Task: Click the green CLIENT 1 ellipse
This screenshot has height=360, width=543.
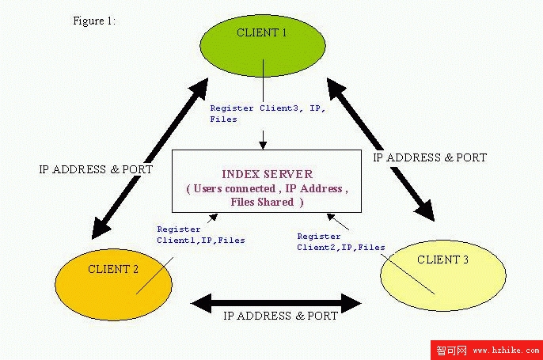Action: (x=263, y=46)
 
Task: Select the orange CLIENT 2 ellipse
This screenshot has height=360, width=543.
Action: (x=114, y=285)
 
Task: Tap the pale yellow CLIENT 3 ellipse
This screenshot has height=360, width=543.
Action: (x=443, y=275)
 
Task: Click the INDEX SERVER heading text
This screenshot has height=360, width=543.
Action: (x=267, y=174)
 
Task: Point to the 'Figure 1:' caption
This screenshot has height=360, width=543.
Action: (x=94, y=21)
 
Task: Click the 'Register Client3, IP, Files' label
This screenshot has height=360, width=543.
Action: (x=268, y=114)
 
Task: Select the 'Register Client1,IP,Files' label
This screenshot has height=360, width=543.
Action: (x=201, y=235)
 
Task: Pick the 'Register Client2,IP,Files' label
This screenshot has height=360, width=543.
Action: (x=341, y=242)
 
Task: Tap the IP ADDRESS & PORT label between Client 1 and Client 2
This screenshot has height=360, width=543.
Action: (x=96, y=169)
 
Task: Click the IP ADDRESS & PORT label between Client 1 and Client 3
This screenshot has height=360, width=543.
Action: (x=430, y=157)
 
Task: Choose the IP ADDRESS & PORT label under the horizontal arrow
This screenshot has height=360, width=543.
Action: (x=280, y=316)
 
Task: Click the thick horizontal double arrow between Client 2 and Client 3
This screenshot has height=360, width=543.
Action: (x=276, y=304)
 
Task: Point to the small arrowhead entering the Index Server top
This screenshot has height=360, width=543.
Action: (x=263, y=146)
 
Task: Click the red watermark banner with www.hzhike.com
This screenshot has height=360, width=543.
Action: (x=487, y=350)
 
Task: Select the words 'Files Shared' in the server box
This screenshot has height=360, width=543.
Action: (x=262, y=202)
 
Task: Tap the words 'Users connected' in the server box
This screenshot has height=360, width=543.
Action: (x=234, y=188)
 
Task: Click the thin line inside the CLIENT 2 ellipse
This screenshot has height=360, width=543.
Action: (x=154, y=275)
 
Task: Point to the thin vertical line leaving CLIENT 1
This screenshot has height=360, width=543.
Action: (x=263, y=81)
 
